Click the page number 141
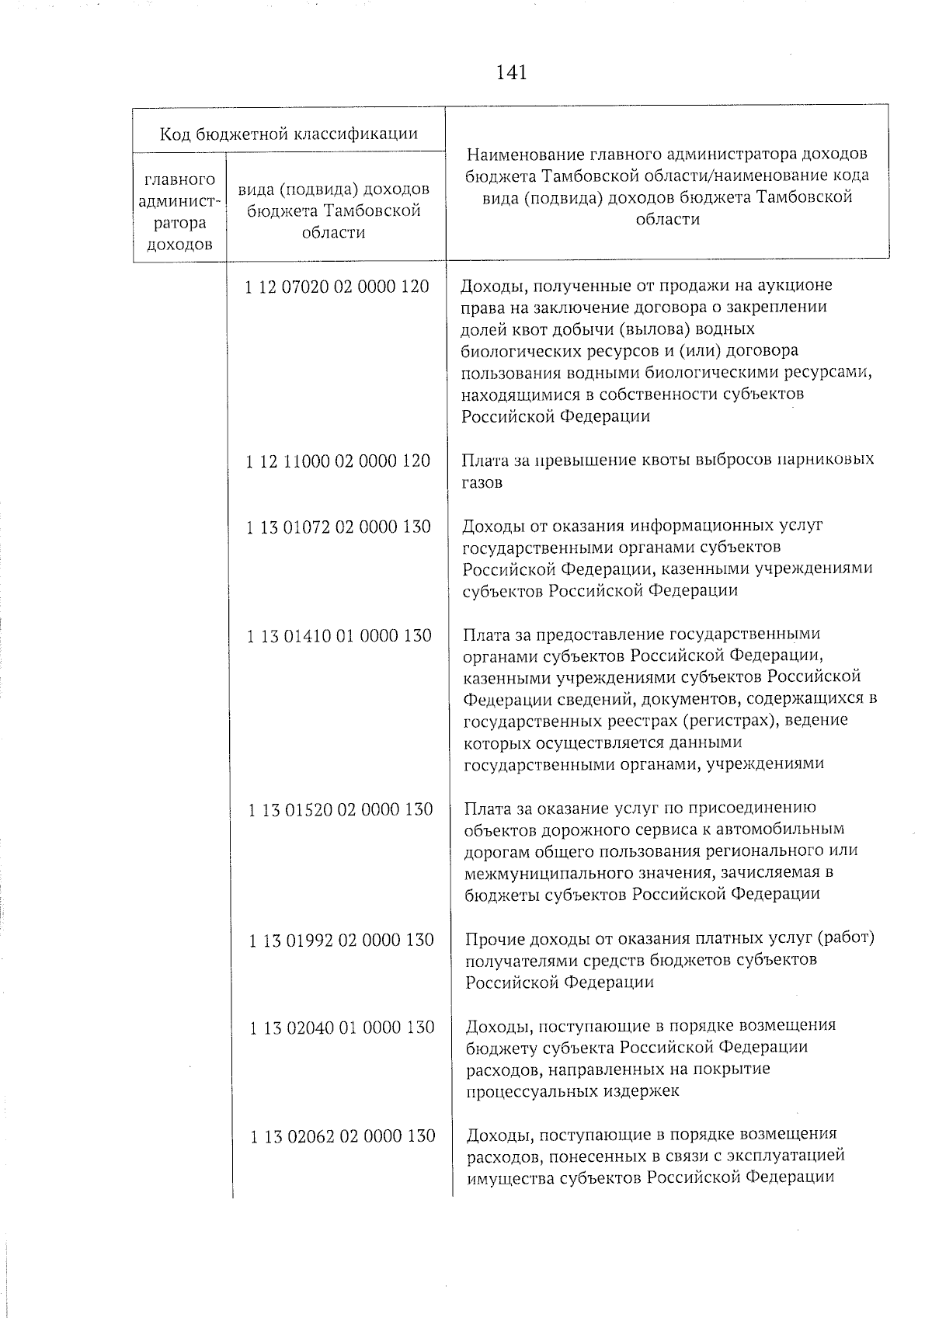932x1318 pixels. point(511,73)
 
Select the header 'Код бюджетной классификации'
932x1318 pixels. point(289,134)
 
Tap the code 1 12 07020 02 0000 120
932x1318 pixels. point(336,287)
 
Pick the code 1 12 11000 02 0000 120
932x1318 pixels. point(338,461)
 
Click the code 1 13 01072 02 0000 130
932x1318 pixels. point(339,527)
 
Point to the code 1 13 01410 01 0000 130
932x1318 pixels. point(339,636)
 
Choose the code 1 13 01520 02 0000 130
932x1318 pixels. point(340,810)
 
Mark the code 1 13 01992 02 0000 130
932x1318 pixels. point(341,941)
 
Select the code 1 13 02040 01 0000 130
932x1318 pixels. point(342,1028)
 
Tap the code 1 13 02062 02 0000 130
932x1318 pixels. point(343,1136)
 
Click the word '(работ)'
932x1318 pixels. point(847,938)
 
